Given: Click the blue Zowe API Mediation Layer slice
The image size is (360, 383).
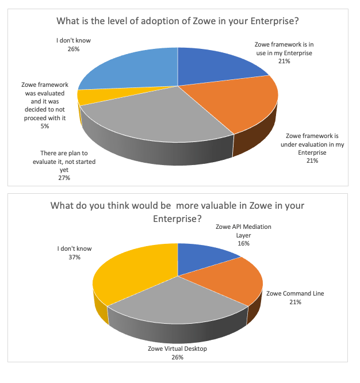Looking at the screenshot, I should tap(201, 256).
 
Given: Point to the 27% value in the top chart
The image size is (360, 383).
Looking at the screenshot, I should tap(63, 178).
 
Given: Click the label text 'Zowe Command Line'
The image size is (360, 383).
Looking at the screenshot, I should tap(294, 293).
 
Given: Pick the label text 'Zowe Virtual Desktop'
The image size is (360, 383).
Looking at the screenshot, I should tap(177, 349).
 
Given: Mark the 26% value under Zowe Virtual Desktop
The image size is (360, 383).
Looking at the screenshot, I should tap(177, 358).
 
